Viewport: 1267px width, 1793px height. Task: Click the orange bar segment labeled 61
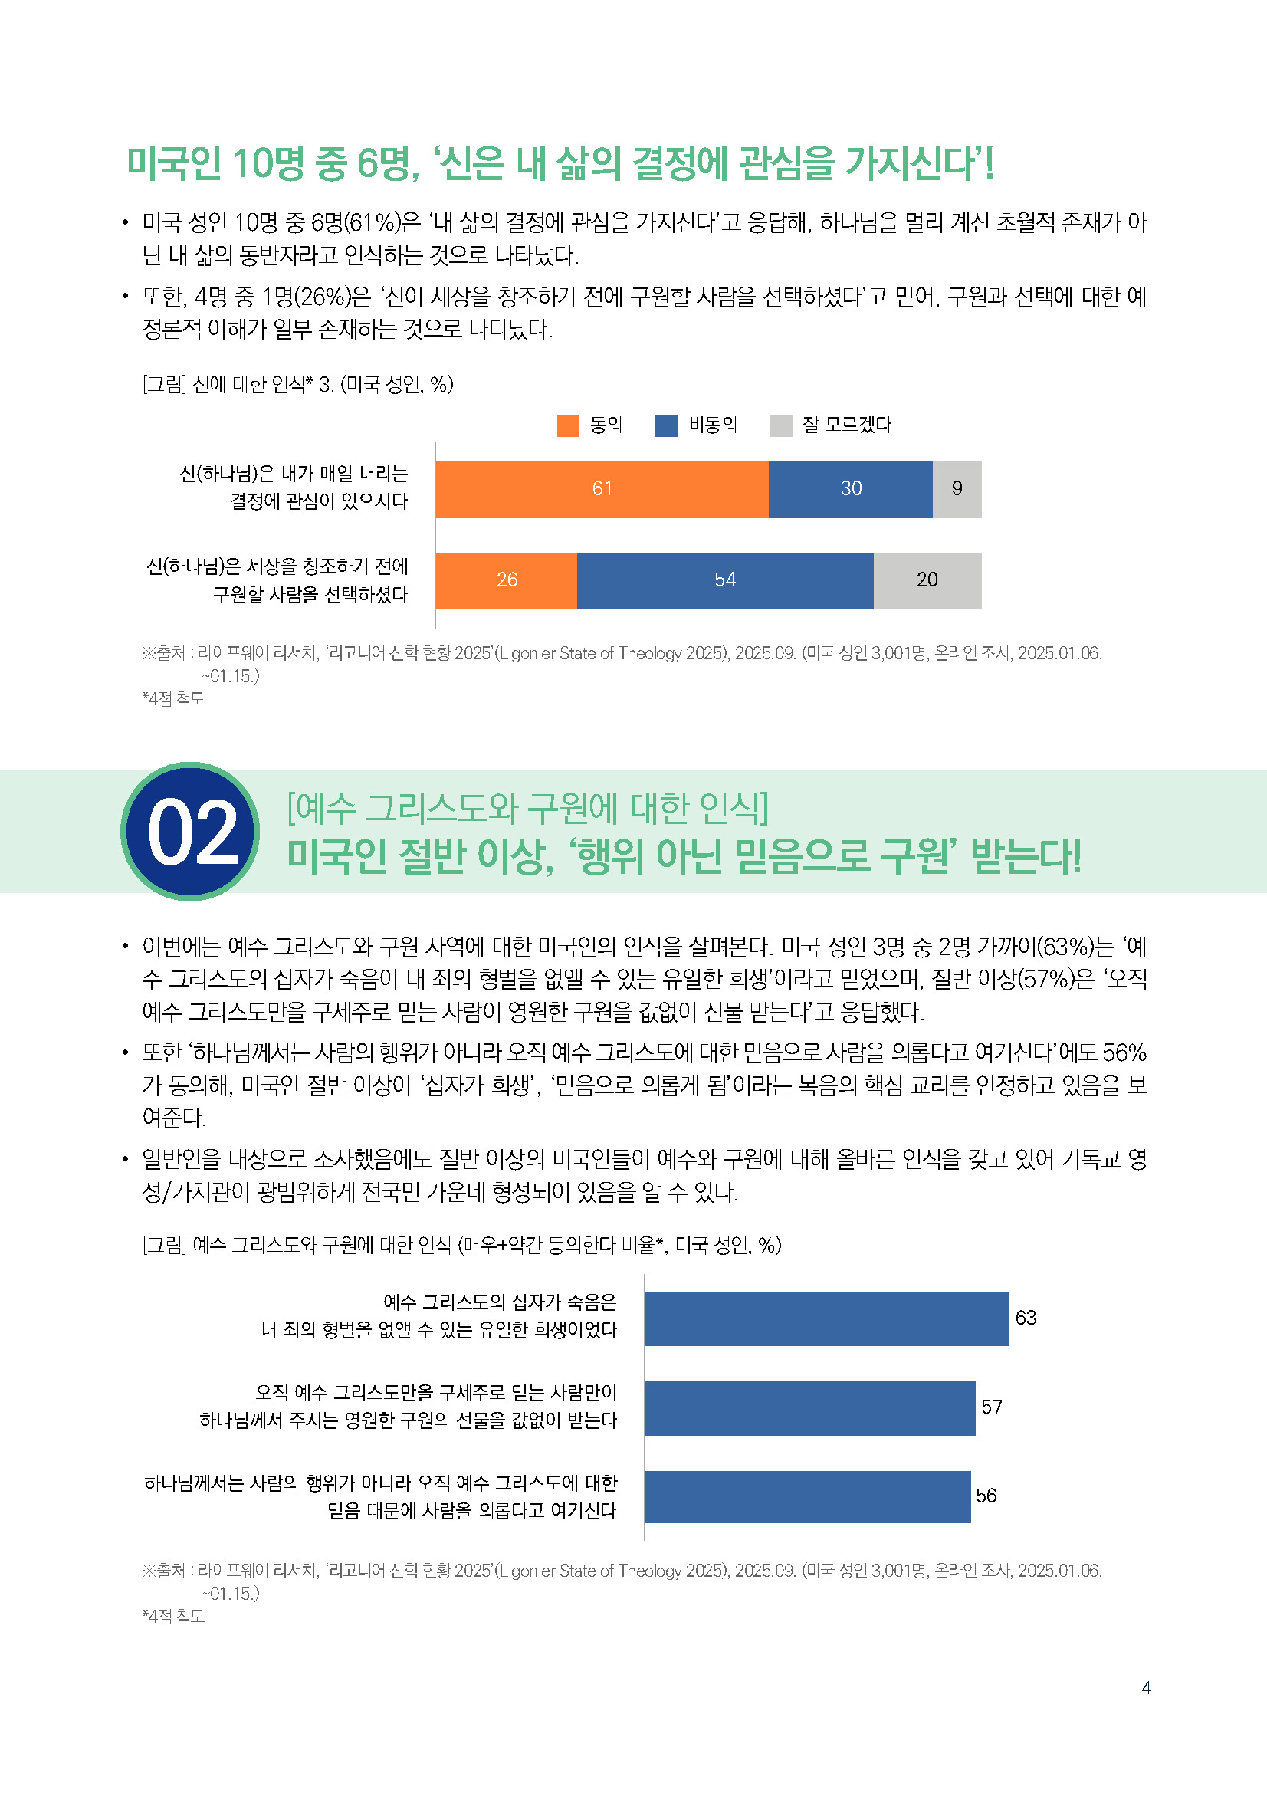pyautogui.click(x=602, y=490)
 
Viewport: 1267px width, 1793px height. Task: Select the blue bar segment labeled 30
pyautogui.click(x=850, y=490)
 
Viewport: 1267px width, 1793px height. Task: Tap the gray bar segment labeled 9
pyautogui.click(x=957, y=490)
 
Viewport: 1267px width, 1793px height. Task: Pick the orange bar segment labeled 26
pyautogui.click(x=506, y=581)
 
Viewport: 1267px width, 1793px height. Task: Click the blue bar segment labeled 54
pyautogui.click(x=724, y=581)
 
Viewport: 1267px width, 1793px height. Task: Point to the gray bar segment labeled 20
pyautogui.click(x=927, y=581)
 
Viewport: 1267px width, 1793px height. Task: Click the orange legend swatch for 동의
pyautogui.click(x=568, y=425)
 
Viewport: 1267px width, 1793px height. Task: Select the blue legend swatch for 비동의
pyautogui.click(x=666, y=425)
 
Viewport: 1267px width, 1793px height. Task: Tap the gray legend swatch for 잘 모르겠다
pyautogui.click(x=780, y=425)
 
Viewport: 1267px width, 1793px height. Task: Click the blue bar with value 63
pyautogui.click(x=826, y=1319)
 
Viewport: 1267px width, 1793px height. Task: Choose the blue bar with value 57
pyautogui.click(x=809, y=1408)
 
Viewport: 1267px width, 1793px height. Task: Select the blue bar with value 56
pyautogui.click(x=807, y=1497)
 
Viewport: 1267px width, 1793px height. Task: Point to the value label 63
pyautogui.click(x=1026, y=1318)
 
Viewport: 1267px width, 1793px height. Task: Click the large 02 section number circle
pyautogui.click(x=192, y=832)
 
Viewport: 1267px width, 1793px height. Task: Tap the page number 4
pyautogui.click(x=1146, y=1687)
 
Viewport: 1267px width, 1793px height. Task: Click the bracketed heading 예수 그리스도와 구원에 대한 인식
pyautogui.click(x=527, y=808)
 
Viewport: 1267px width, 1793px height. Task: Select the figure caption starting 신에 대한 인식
pyautogui.click(x=297, y=384)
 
